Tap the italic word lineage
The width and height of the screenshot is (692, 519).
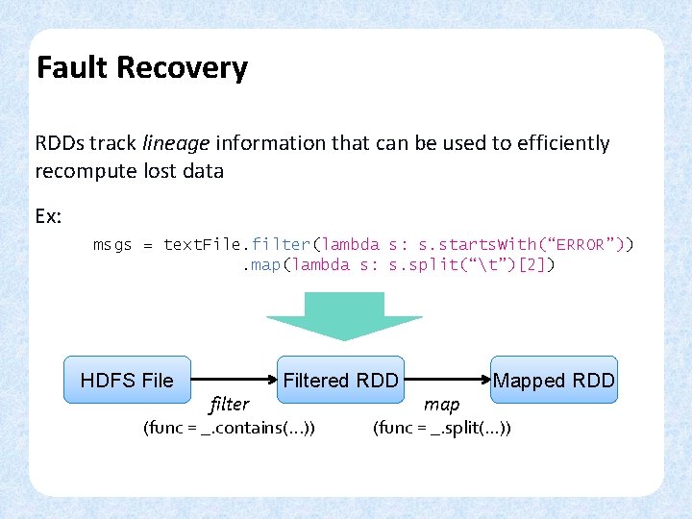click(176, 143)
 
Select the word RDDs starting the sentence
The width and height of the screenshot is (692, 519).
click(60, 143)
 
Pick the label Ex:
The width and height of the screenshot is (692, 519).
click(48, 216)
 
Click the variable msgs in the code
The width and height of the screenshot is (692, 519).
click(112, 244)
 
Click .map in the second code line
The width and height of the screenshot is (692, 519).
click(259, 264)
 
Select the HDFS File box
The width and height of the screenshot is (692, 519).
click(127, 381)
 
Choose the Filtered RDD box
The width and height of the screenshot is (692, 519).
click(340, 381)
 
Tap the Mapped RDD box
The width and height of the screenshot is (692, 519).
click(554, 381)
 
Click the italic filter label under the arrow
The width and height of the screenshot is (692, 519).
click(229, 405)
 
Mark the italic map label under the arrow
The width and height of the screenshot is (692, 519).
click(442, 405)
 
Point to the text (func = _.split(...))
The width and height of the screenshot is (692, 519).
click(442, 428)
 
